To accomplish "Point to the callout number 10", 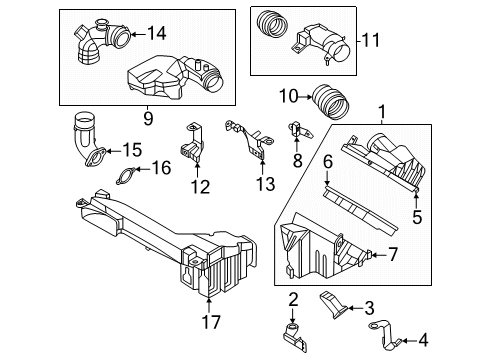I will pyautogui.click(x=287, y=96).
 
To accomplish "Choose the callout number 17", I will pyautogui.click(x=208, y=321).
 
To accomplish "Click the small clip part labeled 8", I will pyautogui.click(x=297, y=130).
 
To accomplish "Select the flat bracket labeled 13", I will pyautogui.click(x=248, y=140).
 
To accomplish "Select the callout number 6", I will pyautogui.click(x=327, y=161).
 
